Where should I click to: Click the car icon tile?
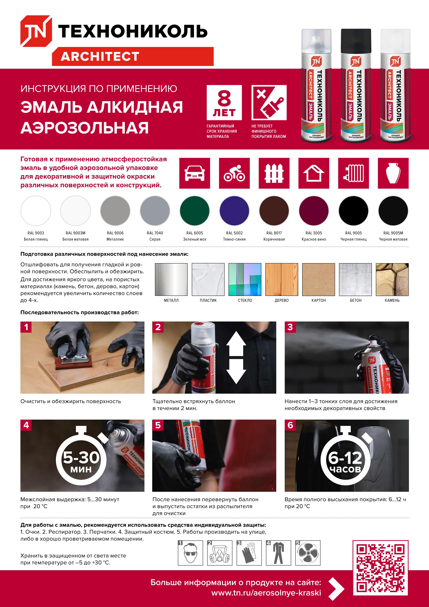coord(195,173)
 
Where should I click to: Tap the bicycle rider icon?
coord(234,173)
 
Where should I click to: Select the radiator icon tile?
coord(353,173)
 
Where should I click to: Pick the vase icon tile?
coord(393,173)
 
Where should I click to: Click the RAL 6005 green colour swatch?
coord(195,211)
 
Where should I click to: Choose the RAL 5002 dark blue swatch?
coord(234,211)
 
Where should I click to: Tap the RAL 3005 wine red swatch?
coord(314,211)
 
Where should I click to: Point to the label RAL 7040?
coord(155,233)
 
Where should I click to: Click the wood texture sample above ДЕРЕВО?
coord(281,279)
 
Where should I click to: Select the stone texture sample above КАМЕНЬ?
coord(392,279)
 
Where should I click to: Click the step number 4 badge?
coord(26,425)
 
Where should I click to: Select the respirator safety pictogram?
coord(219,553)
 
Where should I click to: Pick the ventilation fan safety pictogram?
coord(308,553)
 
